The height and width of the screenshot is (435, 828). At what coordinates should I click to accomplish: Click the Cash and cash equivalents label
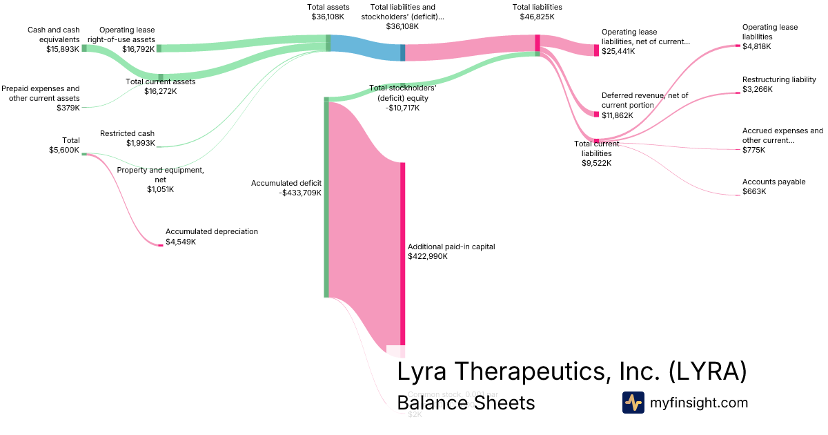coord(54,35)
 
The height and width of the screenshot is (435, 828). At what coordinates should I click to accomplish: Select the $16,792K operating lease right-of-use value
coord(138,49)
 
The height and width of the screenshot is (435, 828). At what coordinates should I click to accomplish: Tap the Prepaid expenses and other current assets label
coord(40,93)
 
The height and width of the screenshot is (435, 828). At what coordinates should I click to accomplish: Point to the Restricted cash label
coord(127,133)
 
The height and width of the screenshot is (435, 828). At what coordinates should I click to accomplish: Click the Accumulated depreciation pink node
coord(161,245)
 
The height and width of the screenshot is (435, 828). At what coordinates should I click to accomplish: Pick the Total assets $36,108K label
coord(328,12)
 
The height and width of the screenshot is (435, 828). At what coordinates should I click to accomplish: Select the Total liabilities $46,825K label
coord(537,12)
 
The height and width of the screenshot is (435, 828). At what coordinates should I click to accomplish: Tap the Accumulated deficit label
coord(286,183)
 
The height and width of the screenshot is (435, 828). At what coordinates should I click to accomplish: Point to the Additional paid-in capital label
coord(451,246)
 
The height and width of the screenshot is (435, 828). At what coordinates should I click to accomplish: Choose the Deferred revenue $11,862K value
coord(617,115)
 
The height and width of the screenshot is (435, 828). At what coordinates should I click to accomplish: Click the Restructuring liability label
coord(779,79)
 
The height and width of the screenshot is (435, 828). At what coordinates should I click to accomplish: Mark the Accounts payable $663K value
coord(754,191)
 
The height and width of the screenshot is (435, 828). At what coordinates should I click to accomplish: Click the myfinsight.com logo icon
coord(633,403)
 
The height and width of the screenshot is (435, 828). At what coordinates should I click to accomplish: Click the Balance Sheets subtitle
coord(466,403)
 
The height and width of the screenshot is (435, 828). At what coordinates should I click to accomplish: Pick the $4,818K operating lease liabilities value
coord(756,46)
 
